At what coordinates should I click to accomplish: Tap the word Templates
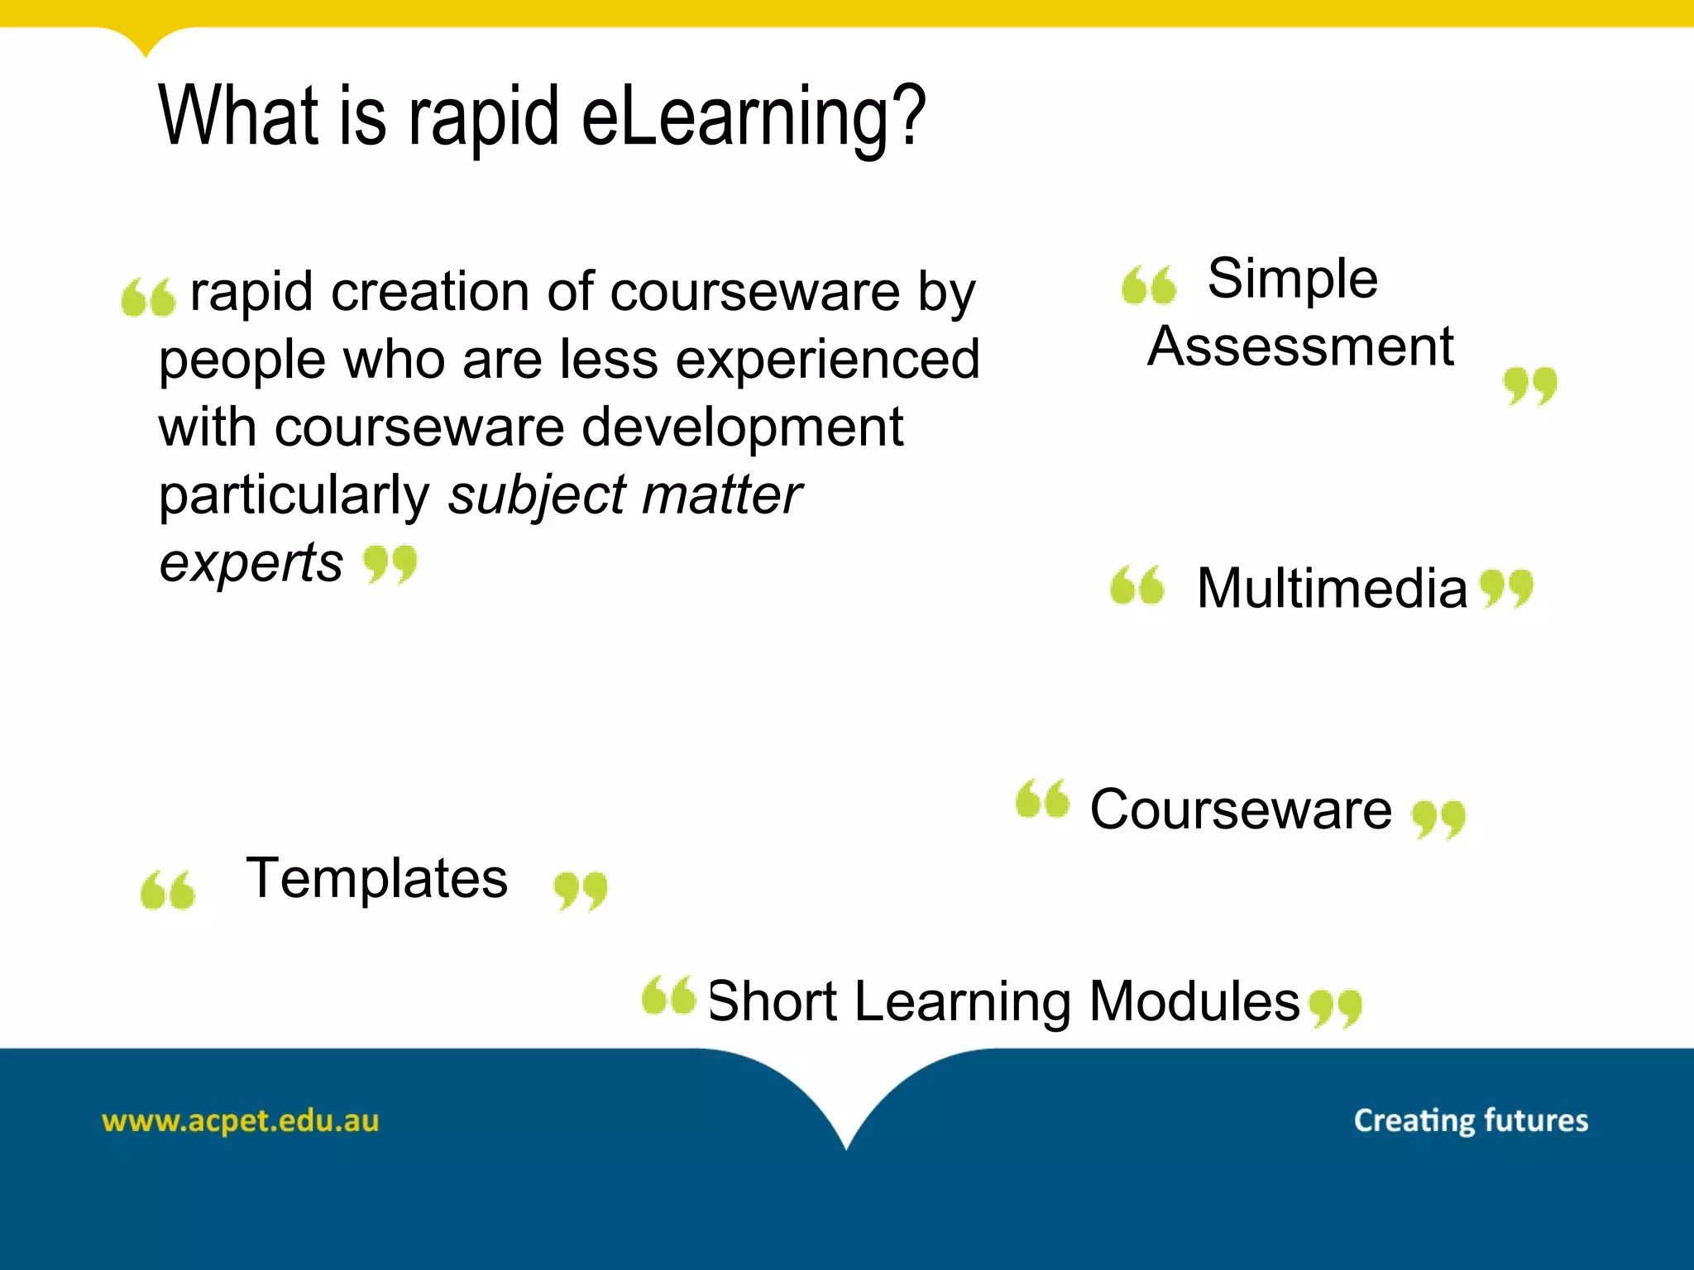377,878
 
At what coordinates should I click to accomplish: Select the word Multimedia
1332,589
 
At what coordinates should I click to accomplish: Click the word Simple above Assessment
1292,279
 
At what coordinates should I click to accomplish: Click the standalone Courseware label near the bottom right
1241,809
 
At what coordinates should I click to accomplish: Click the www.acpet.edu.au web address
240,1121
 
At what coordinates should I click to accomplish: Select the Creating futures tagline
1471,1120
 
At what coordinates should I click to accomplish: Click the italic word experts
251,563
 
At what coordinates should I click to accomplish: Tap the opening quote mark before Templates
168,890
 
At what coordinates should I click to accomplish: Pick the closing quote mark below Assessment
1529,387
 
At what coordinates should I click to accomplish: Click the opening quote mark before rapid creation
148,298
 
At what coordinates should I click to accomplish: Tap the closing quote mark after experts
390,565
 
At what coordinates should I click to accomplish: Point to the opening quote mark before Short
668,995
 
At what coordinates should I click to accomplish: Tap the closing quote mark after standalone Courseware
1438,819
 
